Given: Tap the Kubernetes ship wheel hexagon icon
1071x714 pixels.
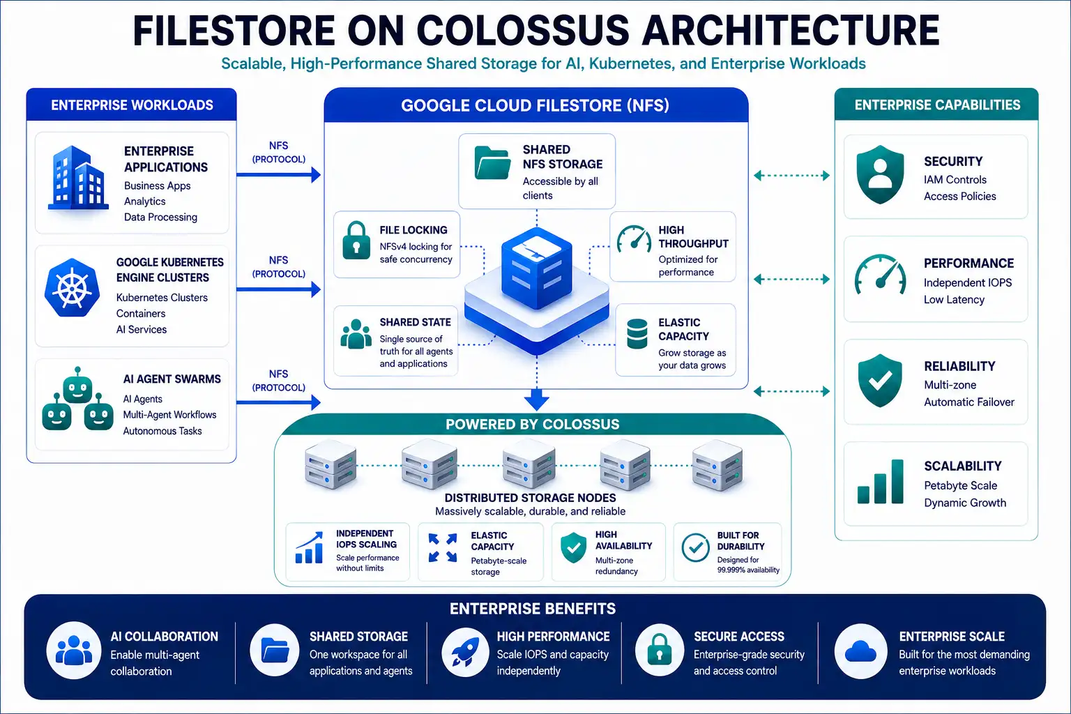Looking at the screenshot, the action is coord(73,288).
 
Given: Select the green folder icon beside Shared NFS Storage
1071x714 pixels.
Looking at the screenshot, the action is coord(492,163).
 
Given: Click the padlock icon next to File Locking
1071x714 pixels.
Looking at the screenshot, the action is coord(356,240).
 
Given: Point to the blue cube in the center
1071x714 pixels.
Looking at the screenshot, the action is coord(536,268).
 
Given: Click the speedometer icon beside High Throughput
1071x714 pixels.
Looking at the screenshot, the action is coord(634,239).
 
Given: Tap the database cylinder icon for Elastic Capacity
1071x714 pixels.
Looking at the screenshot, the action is coord(637,334).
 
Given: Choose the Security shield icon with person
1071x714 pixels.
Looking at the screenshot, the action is coord(880,175).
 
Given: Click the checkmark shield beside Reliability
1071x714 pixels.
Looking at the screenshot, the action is coord(880,381).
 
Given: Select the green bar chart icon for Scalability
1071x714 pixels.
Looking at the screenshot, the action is coord(880,482).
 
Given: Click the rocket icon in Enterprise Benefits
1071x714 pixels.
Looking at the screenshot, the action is coord(465,651).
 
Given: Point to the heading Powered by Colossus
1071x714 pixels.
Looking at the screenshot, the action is coord(532,424).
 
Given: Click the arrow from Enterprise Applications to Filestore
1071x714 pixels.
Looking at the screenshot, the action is coord(278,174).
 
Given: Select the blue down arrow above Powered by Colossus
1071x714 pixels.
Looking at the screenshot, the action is coord(536,398).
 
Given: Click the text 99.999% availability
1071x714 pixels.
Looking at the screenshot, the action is coord(748,570).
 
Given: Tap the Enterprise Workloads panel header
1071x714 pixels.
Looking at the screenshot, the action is coord(132,105).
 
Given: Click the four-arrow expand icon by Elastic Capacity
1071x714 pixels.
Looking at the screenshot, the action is coord(442,547).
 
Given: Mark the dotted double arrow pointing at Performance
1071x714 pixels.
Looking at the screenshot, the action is coord(792,280).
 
